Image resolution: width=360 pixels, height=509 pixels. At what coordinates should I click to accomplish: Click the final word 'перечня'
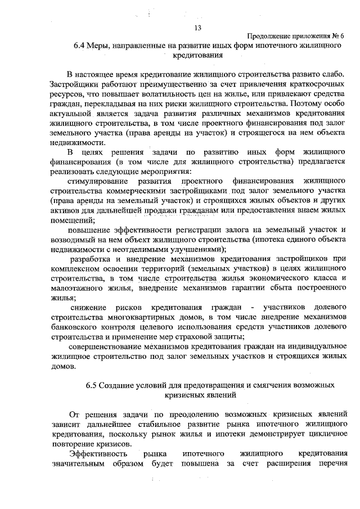[327, 463]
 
